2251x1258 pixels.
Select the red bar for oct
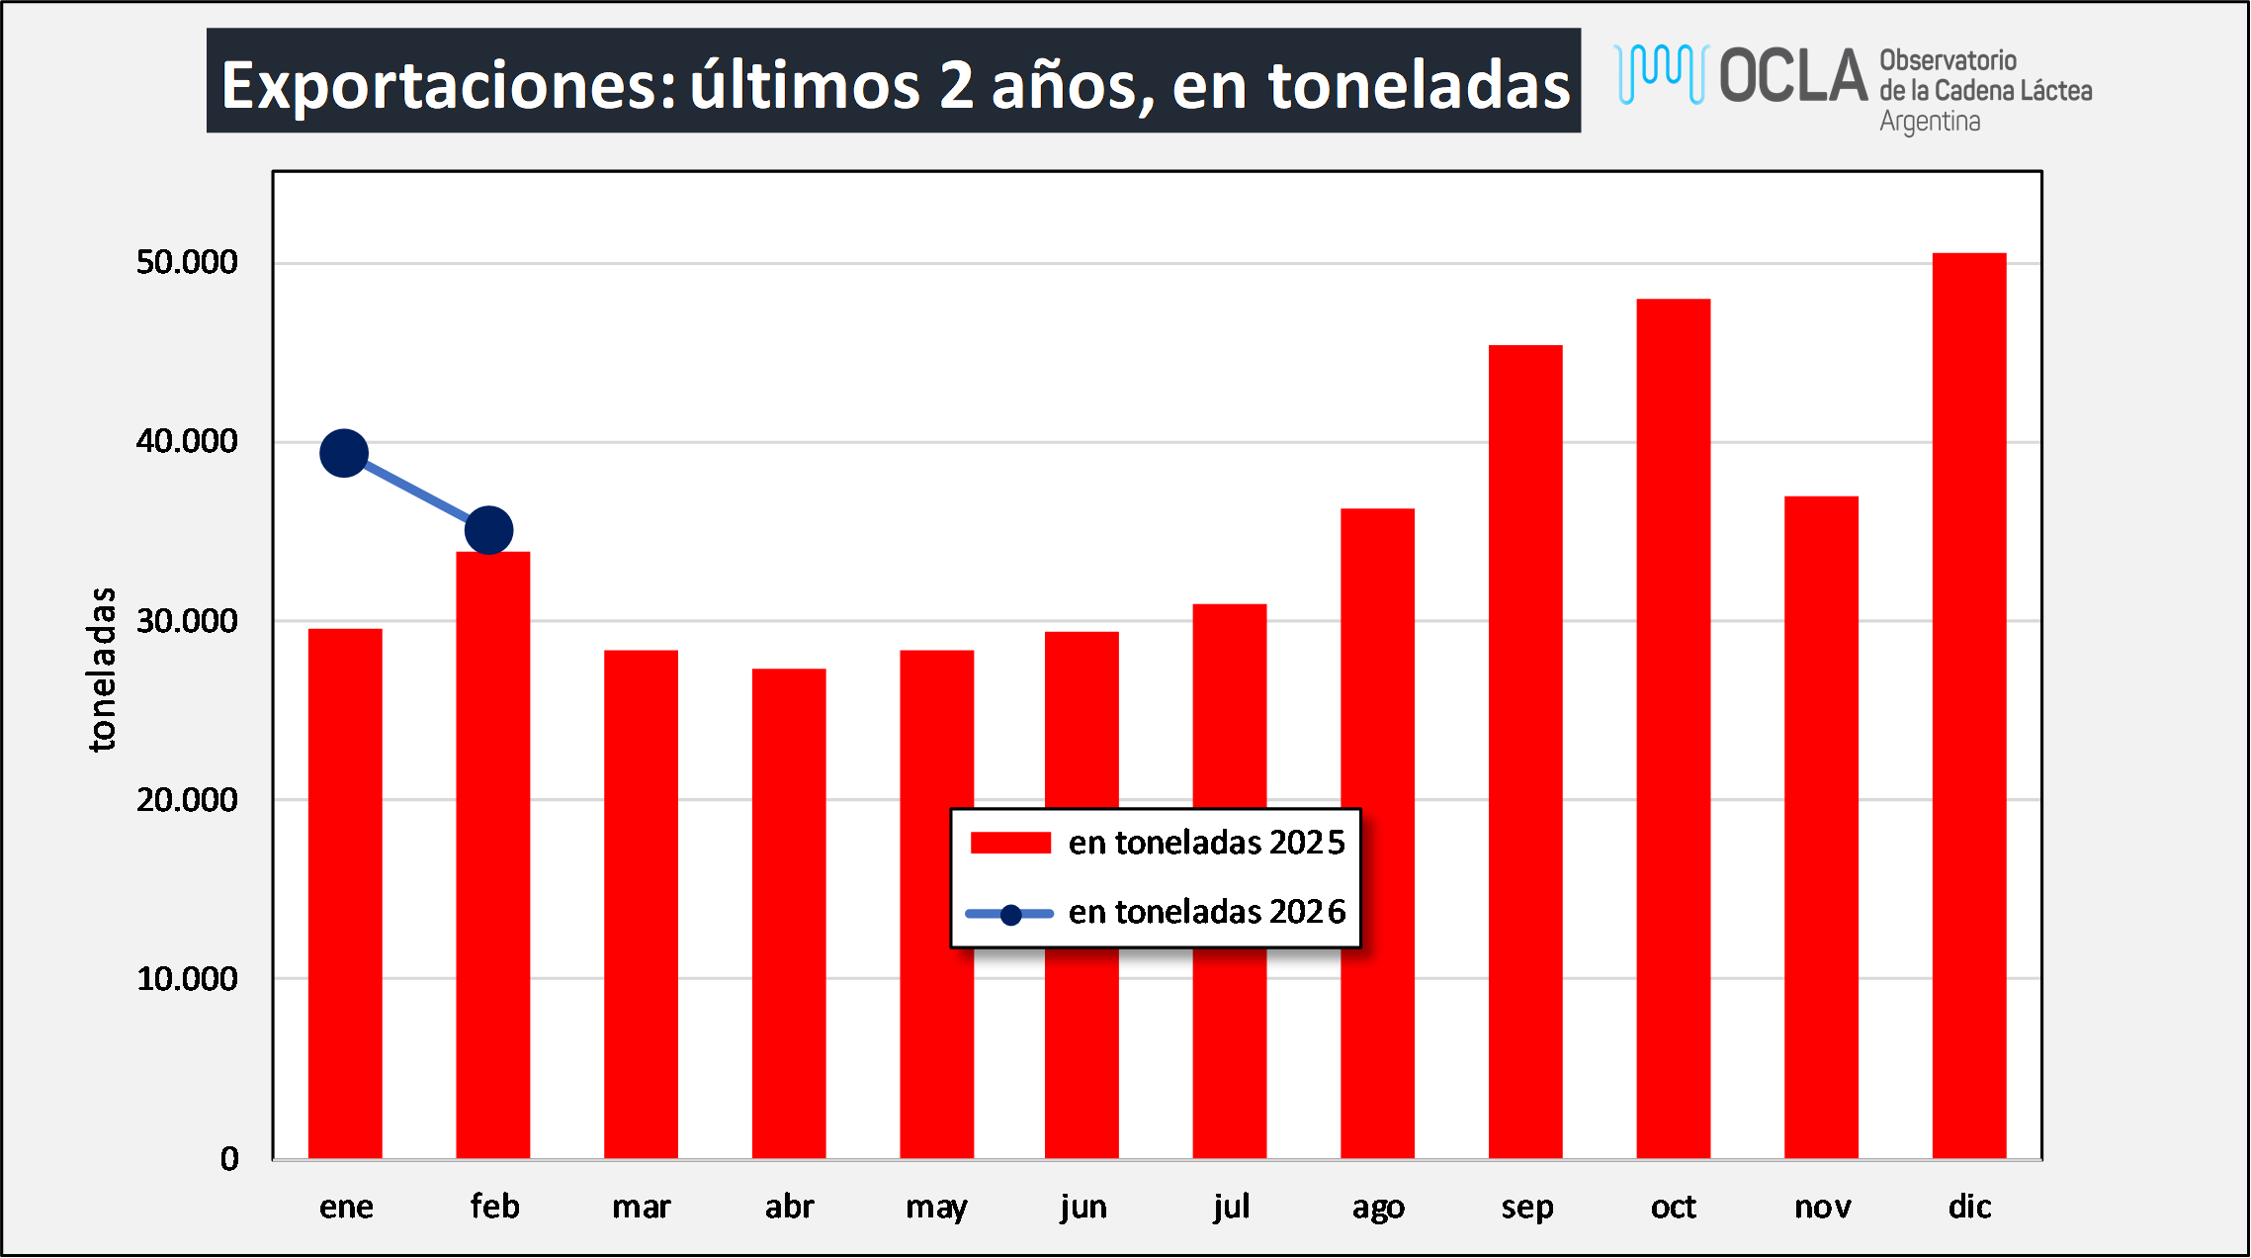pos(1673,728)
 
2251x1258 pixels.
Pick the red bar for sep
pos(1524,752)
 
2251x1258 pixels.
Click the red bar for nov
pos(1821,827)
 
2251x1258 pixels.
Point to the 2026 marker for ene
pos(344,454)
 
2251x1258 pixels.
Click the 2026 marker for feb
pos(489,530)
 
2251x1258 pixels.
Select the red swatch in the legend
pos(1010,843)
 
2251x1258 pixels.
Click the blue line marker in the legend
pos(1010,915)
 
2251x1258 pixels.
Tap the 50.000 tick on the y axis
pos(187,262)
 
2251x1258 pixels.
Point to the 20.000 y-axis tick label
pos(187,799)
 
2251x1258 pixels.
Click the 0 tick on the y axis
pos(229,1158)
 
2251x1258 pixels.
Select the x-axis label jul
pos(1232,1207)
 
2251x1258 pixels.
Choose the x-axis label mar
pos(641,1207)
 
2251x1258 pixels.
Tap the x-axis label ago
pos(1378,1208)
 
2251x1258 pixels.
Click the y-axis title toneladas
pos(102,670)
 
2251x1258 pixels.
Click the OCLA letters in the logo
pos(1792,75)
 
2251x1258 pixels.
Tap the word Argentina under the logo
pos(1930,122)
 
